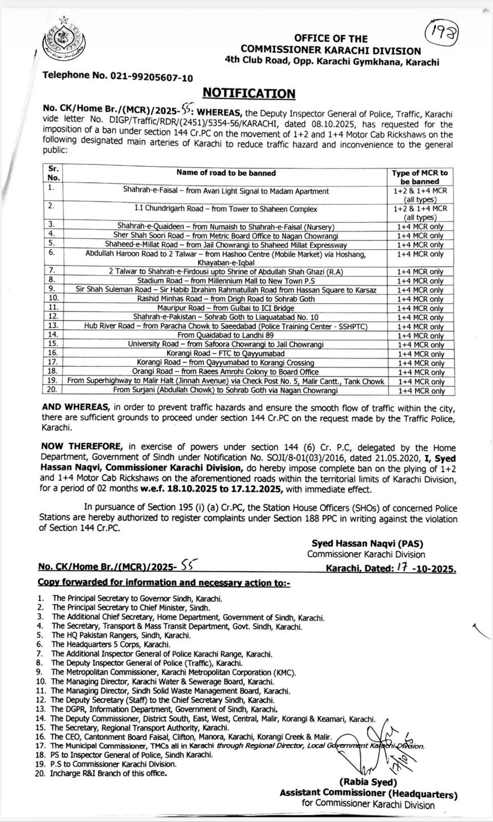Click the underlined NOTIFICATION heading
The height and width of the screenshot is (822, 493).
[x=249, y=93]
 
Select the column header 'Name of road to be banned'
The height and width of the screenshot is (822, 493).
[x=226, y=173]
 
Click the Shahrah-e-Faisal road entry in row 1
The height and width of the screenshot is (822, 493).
[x=226, y=191]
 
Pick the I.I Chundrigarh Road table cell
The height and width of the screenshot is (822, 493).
[x=226, y=209]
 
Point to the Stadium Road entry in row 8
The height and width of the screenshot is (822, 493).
[x=226, y=281]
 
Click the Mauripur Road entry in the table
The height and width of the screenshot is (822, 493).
[x=226, y=308]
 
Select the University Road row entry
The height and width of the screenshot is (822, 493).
[x=226, y=344]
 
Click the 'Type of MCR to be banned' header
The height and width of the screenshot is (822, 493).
[x=420, y=177]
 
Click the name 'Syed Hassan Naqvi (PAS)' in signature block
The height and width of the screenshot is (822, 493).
[x=367, y=544]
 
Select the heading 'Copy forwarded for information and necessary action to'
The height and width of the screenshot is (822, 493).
[x=164, y=583]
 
